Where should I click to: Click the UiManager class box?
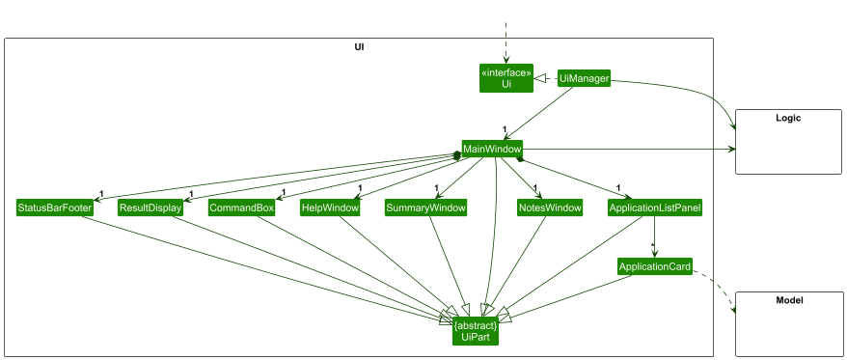point(584,79)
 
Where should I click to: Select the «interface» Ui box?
point(505,78)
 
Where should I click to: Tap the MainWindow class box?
point(492,150)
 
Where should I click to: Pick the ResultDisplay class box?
point(150,208)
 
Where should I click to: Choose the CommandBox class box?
point(241,208)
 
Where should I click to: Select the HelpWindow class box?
point(330,208)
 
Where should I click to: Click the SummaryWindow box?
point(425,208)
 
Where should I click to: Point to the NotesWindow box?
point(550,208)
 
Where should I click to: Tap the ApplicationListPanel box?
point(655,208)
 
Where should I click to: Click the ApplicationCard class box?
point(655,266)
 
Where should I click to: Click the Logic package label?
point(788,118)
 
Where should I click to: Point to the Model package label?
point(788,301)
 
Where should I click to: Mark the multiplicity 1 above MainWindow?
point(505,129)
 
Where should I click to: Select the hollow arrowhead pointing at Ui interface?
point(542,78)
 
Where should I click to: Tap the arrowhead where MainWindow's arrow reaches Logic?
point(730,150)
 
